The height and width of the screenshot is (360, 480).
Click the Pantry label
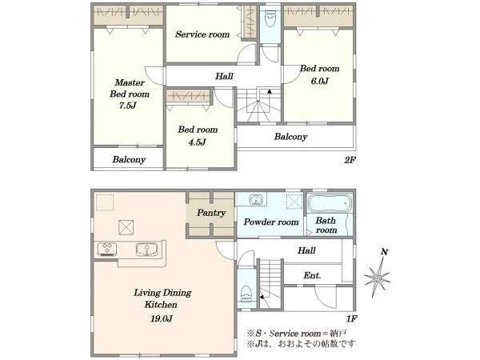point(211,213)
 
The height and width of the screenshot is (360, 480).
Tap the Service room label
point(202,34)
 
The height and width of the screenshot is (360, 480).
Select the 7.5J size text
point(128,106)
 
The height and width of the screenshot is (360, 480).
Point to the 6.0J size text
point(319,81)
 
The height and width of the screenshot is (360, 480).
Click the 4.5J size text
point(197,142)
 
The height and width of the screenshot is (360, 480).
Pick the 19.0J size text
point(162,318)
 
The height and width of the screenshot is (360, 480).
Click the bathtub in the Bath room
point(330,202)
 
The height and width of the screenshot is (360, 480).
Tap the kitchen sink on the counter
point(147,249)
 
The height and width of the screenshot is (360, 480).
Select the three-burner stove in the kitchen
point(107,249)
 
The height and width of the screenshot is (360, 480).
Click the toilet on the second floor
point(270,18)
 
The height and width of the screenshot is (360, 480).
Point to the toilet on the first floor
point(246,294)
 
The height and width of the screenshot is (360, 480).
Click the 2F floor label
point(350,160)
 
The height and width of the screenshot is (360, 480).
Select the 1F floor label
point(352,319)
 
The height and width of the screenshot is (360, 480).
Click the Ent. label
point(312,275)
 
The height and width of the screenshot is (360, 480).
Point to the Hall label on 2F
point(224,76)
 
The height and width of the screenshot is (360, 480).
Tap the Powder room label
point(271,222)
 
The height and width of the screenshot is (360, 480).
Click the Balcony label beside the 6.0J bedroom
point(290,137)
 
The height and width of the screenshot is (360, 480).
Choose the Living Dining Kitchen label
point(162,298)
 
